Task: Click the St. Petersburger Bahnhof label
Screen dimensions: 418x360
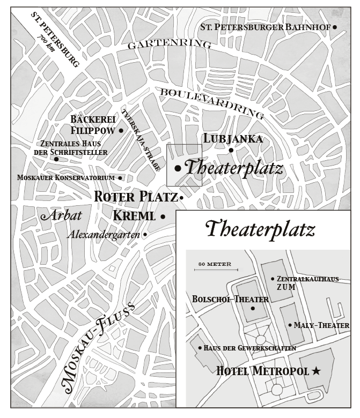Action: (x=265, y=26)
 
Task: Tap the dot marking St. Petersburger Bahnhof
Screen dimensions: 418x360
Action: (x=335, y=26)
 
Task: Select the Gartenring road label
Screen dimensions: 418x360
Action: (x=169, y=44)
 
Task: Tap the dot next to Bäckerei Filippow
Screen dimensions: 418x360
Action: (x=121, y=130)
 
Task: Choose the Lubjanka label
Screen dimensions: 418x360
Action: (x=233, y=139)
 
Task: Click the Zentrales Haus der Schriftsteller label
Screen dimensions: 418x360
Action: (x=74, y=148)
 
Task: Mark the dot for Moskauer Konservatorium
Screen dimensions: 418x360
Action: (x=120, y=178)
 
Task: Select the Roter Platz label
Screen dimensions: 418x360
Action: (x=135, y=197)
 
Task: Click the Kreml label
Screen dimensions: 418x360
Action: (x=134, y=216)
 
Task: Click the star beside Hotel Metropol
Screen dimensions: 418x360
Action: (x=316, y=371)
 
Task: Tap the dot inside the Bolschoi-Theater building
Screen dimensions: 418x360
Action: (x=252, y=308)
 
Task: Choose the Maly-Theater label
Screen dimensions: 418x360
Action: (x=321, y=325)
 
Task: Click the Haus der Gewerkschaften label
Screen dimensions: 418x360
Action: (x=250, y=348)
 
